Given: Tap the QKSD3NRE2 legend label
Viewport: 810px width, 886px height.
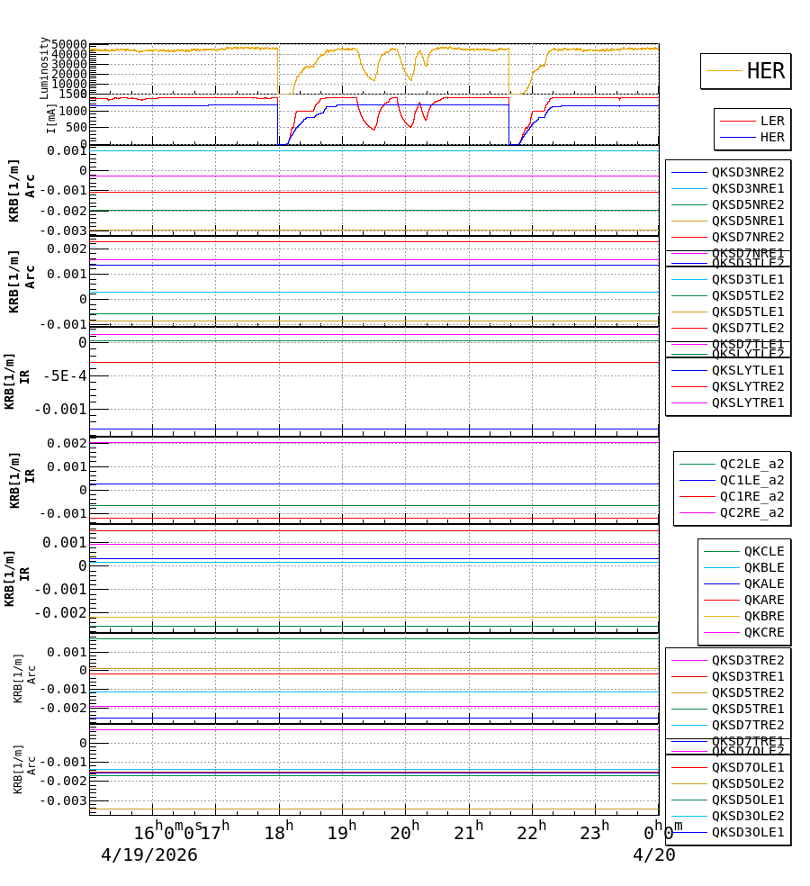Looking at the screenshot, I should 747,172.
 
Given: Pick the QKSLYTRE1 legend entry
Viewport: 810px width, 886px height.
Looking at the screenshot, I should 747,402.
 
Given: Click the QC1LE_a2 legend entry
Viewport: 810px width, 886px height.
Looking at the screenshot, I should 751,480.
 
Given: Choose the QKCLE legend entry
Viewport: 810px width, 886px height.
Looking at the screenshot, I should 763,551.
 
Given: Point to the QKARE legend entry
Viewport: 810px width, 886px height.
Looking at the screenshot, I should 763,600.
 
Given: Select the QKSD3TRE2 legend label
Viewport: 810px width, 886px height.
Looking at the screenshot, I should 747,660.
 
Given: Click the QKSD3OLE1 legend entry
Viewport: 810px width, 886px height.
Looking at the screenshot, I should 747,832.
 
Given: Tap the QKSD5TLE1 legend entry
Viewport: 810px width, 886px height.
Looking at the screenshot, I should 747,312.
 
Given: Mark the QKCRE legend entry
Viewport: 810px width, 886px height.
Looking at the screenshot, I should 763,632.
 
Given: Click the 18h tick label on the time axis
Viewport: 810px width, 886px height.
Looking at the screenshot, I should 278,834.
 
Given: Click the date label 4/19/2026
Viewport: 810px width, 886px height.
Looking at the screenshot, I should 148,855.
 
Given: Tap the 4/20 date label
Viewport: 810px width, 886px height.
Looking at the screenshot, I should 653,855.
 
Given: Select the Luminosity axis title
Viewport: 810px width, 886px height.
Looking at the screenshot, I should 44,68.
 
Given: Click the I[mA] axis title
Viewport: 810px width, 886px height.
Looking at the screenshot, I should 51,118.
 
